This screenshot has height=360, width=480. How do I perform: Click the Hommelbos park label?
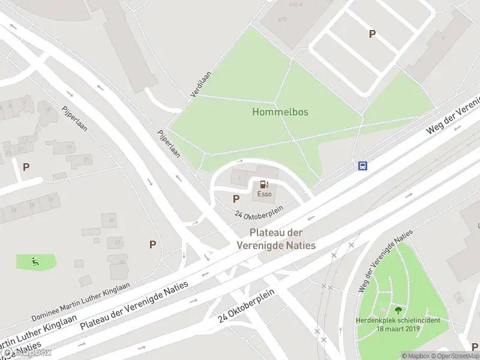tap(280, 112)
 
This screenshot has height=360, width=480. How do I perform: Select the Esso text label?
tap(265, 194)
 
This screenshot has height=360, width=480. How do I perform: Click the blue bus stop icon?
tap(362, 166)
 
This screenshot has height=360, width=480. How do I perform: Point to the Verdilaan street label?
tap(201, 84)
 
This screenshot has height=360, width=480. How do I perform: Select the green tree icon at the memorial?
tap(397, 310)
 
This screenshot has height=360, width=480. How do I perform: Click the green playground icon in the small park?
tap(35, 261)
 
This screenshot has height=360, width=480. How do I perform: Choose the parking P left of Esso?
tap(236, 199)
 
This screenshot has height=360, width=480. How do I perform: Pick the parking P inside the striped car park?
tap(372, 34)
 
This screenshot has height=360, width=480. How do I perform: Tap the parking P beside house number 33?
tap(152, 244)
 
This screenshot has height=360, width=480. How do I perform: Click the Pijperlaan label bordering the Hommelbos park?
tap(169, 144)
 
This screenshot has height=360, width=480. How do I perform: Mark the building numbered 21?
tap(86, 159)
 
